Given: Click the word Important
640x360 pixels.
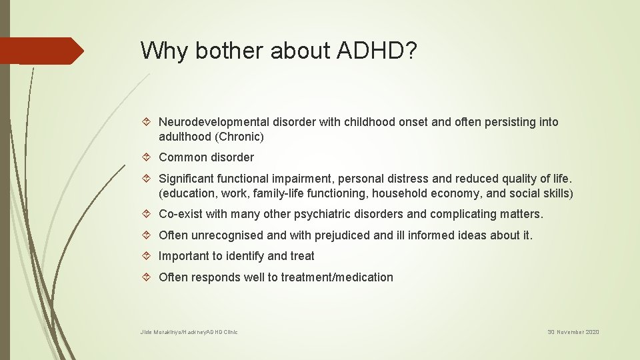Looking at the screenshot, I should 183,256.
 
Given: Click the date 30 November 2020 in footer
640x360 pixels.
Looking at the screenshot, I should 573,332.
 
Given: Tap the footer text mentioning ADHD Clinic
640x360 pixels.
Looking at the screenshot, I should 189,332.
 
